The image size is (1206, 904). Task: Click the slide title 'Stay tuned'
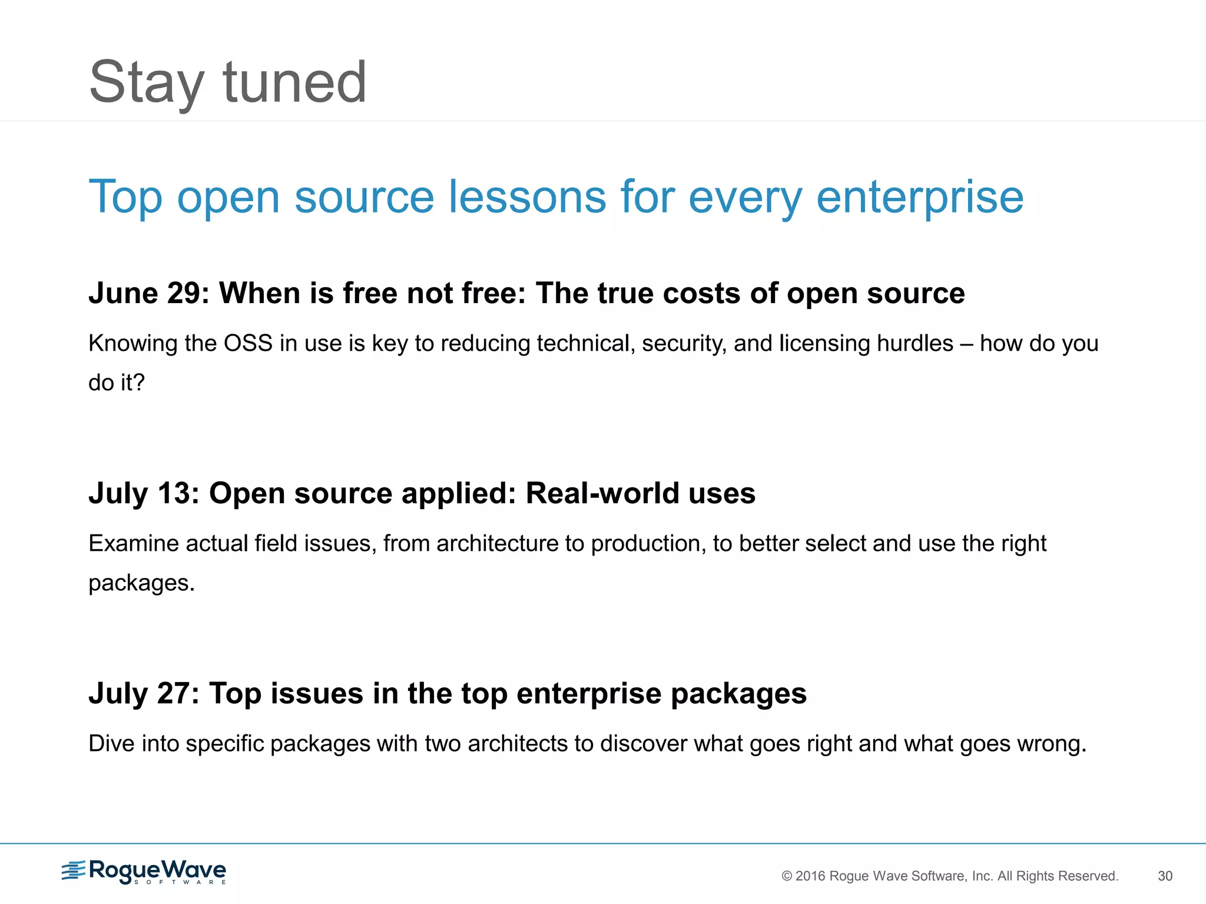(227, 82)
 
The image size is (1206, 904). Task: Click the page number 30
(1165, 876)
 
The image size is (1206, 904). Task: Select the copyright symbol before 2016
(787, 876)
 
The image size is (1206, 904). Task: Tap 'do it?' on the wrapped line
(116, 383)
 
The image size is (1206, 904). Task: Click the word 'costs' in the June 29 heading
(701, 293)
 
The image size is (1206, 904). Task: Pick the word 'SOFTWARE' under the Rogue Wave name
(180, 882)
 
